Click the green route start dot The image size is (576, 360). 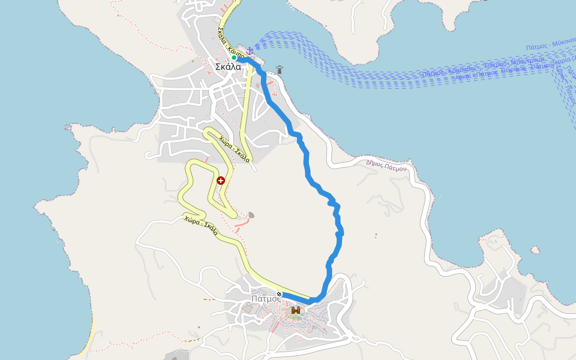[x=234, y=58]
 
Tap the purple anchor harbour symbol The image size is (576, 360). [x=250, y=50]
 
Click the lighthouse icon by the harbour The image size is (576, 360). [x=279, y=70]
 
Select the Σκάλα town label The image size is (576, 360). [x=228, y=67]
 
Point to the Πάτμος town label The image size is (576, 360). [x=266, y=298]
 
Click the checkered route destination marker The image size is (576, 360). [x=279, y=294]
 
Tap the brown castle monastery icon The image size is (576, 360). [x=296, y=310]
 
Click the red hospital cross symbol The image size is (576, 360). [x=221, y=180]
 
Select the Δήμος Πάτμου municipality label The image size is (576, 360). [x=386, y=165]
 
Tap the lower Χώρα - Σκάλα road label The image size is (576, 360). [x=202, y=225]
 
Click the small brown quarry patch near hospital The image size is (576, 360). [x=251, y=215]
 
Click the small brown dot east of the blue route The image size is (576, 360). [x=376, y=235]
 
